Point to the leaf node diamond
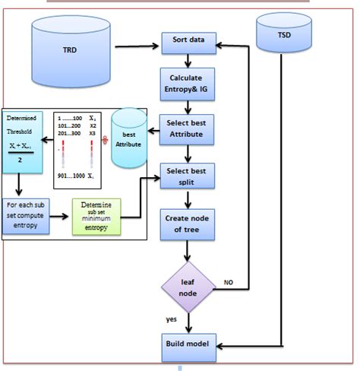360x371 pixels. (188, 285)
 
